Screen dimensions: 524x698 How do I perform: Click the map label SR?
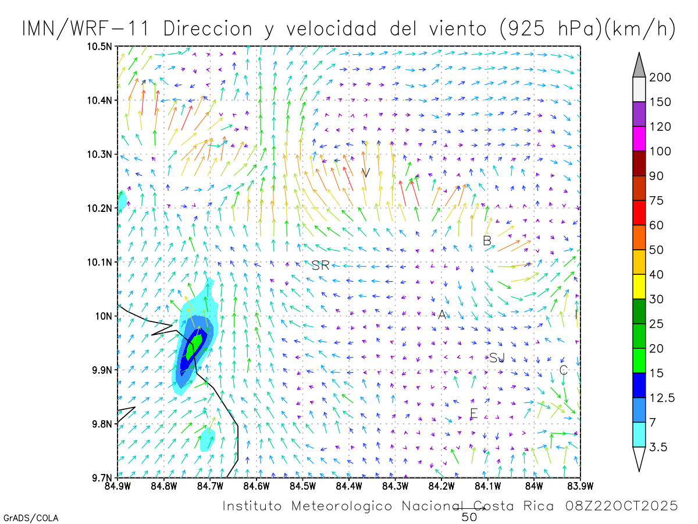(x=320, y=266)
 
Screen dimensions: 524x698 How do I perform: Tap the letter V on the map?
(x=365, y=173)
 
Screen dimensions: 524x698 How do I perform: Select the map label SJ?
(x=497, y=358)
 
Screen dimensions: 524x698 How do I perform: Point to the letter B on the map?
(x=487, y=240)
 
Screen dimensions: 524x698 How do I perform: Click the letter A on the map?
(x=442, y=315)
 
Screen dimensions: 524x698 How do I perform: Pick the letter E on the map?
(x=473, y=414)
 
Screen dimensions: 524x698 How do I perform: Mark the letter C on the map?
(x=563, y=370)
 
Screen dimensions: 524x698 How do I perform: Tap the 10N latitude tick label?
(x=105, y=316)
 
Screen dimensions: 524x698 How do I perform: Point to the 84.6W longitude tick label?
(x=256, y=485)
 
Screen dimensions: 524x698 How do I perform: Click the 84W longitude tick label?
(x=533, y=485)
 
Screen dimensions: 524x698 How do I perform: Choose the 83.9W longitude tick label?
(x=579, y=485)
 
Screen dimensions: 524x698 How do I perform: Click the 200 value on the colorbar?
(x=660, y=77)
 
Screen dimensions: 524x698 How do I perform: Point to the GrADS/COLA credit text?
(x=31, y=518)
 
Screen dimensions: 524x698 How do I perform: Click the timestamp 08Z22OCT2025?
(x=621, y=506)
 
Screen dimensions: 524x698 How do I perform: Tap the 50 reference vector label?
(x=469, y=516)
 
